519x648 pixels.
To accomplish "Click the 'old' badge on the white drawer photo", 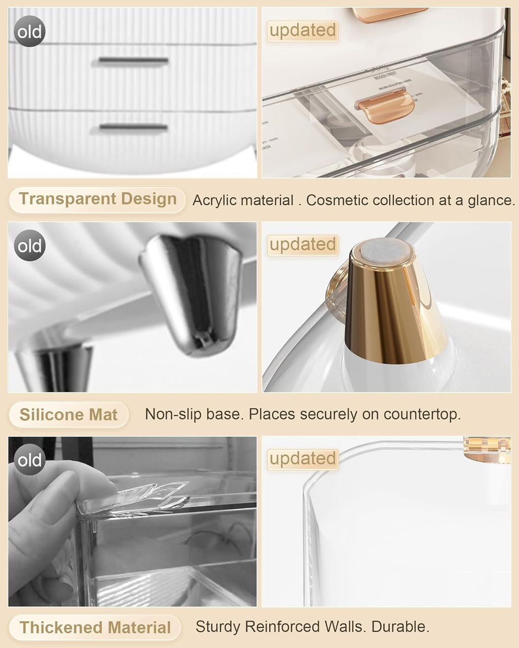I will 29,32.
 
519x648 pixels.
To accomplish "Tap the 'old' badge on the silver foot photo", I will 29,246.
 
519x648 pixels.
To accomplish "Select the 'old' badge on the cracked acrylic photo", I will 29,460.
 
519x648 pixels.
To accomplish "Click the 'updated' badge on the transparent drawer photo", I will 303,30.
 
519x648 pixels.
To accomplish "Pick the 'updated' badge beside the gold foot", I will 303,245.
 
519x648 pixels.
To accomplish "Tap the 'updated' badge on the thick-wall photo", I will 303,459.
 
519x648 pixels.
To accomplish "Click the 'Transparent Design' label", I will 97,199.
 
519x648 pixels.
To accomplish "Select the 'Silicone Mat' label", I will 68,415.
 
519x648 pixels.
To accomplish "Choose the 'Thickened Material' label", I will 95,628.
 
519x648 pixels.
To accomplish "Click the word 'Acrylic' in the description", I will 218,200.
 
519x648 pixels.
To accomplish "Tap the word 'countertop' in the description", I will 422,415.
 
